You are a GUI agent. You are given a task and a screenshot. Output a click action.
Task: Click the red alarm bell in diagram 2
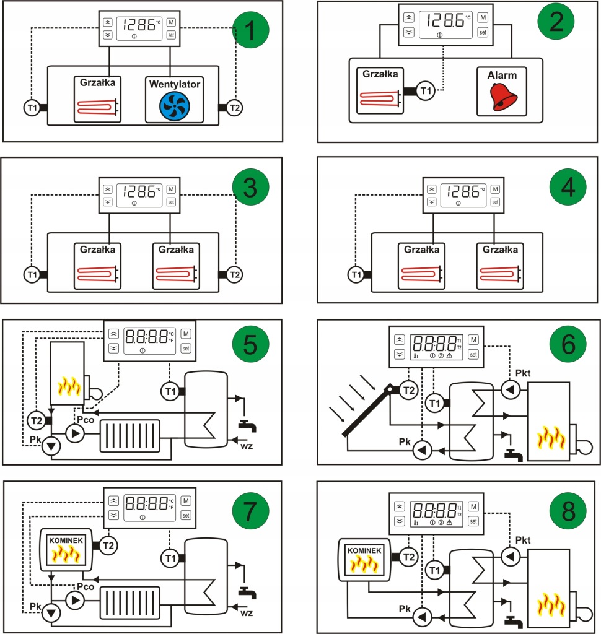pyautogui.click(x=501, y=97)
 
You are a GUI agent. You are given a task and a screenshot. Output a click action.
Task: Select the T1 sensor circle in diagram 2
pyautogui.click(x=425, y=91)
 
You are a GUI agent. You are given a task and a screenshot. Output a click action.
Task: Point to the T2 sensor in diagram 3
pyautogui.click(x=234, y=273)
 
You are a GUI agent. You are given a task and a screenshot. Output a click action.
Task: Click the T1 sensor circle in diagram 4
pyautogui.click(x=355, y=273)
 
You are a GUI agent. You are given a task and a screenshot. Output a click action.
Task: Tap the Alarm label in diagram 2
pyautogui.click(x=501, y=76)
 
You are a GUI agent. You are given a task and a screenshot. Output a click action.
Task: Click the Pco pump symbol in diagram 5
pyautogui.click(x=77, y=433)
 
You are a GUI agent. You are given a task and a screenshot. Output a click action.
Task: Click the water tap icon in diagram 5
pyautogui.click(x=248, y=425)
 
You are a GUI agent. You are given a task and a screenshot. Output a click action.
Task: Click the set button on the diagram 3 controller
pyautogui.click(x=172, y=201)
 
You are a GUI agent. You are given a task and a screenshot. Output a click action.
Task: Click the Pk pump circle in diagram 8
pyautogui.click(x=423, y=617)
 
